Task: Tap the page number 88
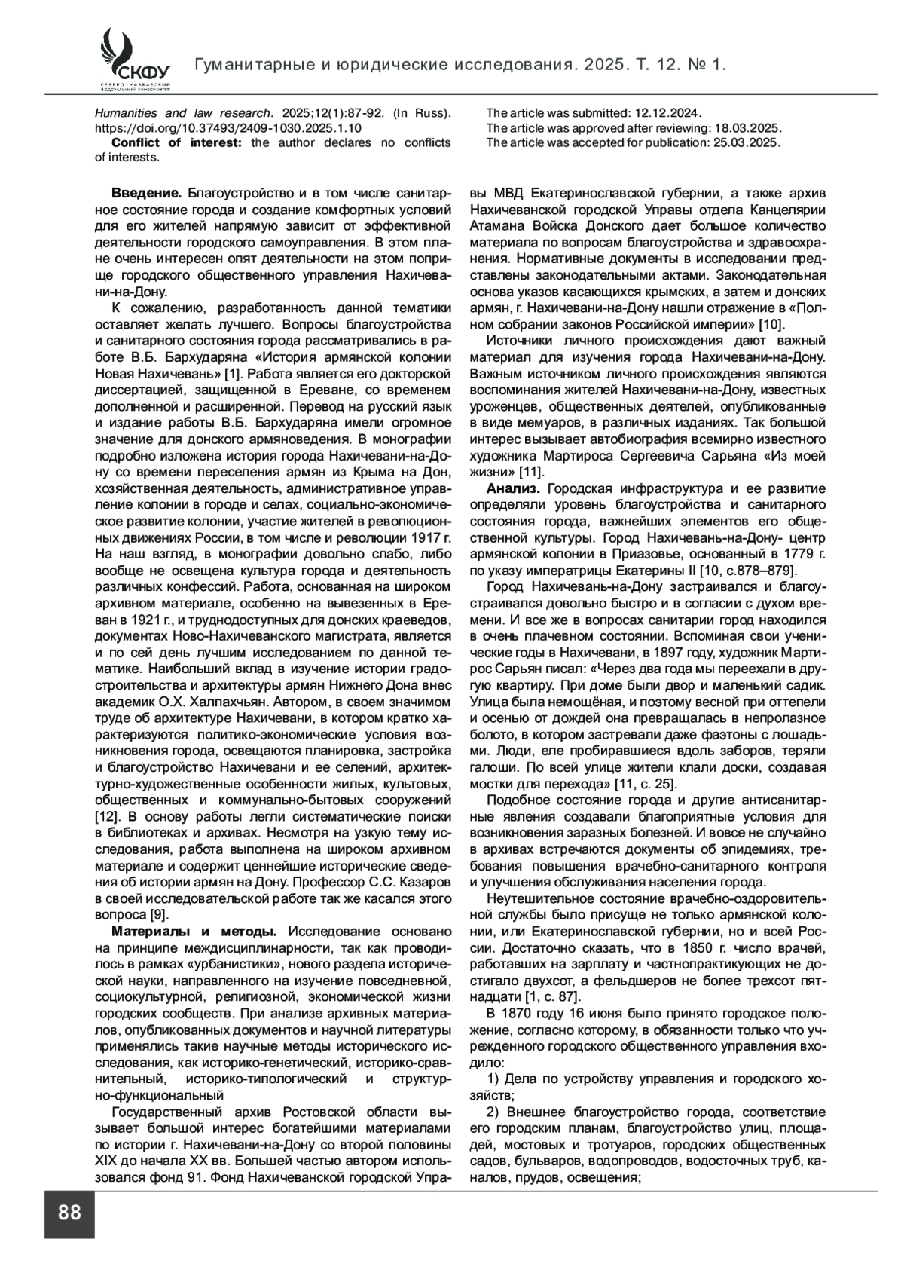(x=69, y=1213)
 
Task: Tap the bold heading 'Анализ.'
(x=514, y=488)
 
